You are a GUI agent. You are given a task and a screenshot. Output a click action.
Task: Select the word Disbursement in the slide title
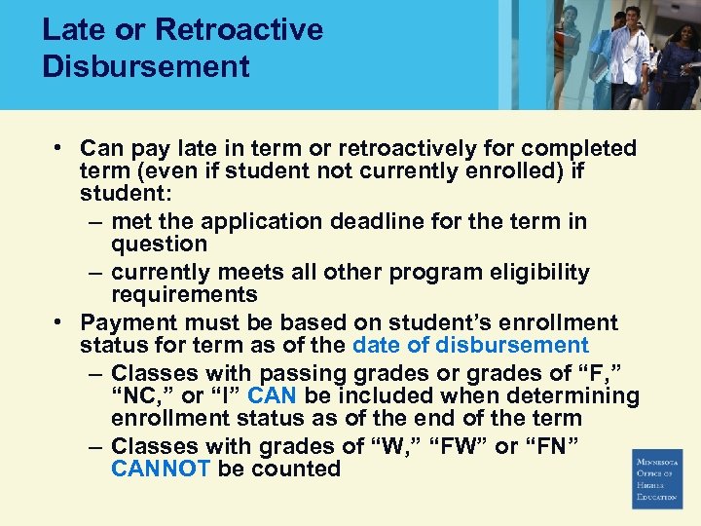(x=146, y=66)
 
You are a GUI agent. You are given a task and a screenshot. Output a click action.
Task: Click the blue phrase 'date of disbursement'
(x=470, y=345)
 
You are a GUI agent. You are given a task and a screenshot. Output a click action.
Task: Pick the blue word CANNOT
(x=161, y=470)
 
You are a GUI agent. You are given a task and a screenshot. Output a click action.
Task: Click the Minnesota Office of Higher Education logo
(x=657, y=478)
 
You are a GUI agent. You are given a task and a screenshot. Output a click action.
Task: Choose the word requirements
(x=184, y=295)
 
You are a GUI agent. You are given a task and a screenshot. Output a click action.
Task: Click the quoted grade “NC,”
(x=142, y=395)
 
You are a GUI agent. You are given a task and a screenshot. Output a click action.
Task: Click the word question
(x=160, y=244)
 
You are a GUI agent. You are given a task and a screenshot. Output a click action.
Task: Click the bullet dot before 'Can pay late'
(x=59, y=148)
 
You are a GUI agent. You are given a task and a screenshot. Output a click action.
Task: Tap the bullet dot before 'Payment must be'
(x=59, y=321)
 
